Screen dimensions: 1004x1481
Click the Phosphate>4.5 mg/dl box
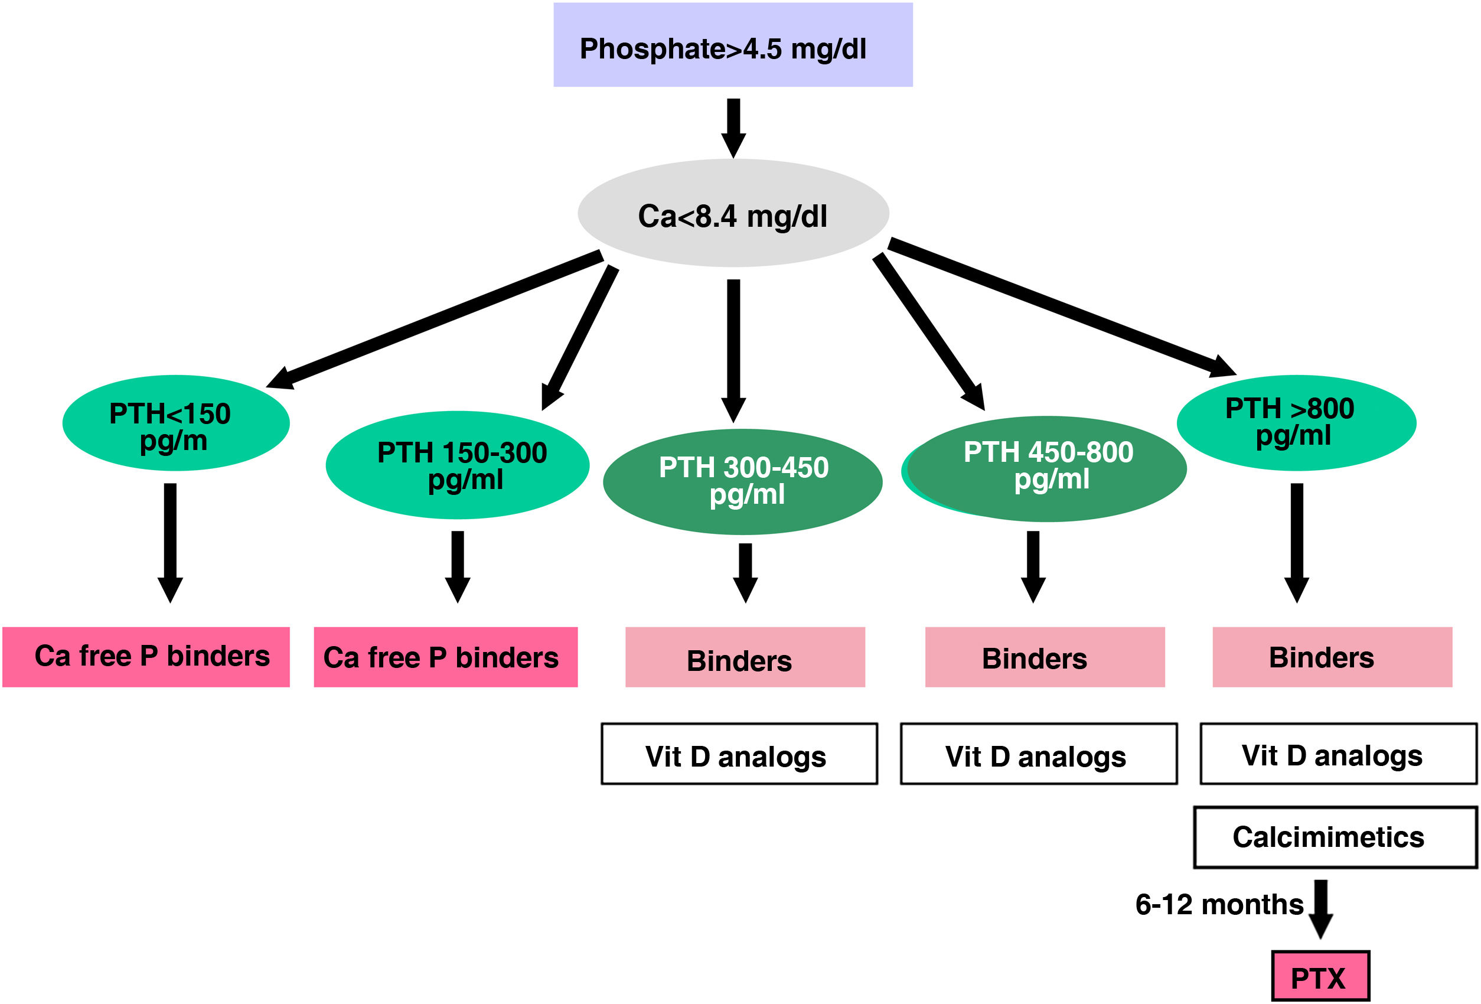(x=733, y=45)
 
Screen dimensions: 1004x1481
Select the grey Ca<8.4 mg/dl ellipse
(x=733, y=213)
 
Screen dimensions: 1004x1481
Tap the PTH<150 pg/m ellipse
(x=176, y=423)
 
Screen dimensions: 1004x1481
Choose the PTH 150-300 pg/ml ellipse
(x=457, y=465)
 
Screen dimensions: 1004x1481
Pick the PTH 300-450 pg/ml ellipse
(x=742, y=481)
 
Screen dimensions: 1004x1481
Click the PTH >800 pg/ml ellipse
(x=1296, y=423)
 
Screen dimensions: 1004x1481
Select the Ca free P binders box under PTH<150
(x=146, y=657)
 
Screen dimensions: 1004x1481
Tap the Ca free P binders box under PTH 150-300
(x=445, y=657)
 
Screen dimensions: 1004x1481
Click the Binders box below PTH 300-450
(x=745, y=657)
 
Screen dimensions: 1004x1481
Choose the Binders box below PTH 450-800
(x=1045, y=657)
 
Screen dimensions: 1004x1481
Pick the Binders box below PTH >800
(x=1332, y=657)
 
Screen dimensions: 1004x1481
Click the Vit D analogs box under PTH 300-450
(x=739, y=754)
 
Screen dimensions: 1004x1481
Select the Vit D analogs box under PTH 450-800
(x=1039, y=754)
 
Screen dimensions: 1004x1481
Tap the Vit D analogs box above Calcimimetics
(x=1338, y=754)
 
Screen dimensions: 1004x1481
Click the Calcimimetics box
(x=1335, y=837)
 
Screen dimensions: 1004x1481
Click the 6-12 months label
(x=1219, y=905)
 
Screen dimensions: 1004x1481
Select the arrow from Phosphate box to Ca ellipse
(x=733, y=128)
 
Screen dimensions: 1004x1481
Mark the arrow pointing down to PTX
(x=1321, y=908)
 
